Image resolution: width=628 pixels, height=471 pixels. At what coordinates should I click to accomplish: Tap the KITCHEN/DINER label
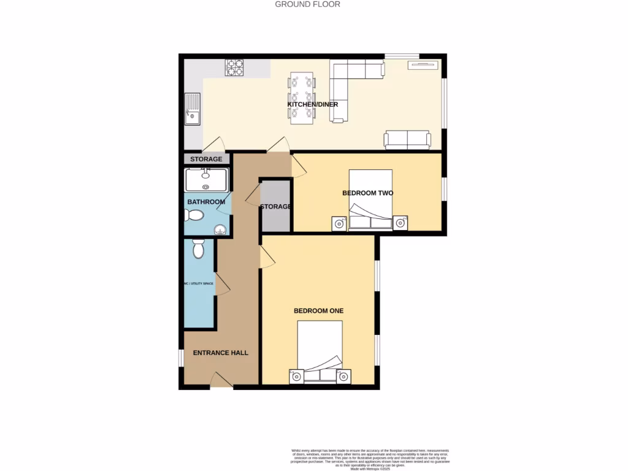pos(313,104)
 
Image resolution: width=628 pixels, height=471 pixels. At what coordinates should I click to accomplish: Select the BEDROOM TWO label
pos(367,193)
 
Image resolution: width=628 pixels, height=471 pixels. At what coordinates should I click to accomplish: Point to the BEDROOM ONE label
pos(318,311)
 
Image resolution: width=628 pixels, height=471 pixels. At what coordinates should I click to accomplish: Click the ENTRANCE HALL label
pos(221,353)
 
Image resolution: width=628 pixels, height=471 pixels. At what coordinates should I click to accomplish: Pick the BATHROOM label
pos(206,202)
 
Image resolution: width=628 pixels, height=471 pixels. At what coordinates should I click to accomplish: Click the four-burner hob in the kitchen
pos(234,67)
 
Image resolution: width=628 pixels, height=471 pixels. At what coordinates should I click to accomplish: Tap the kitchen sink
pos(192,108)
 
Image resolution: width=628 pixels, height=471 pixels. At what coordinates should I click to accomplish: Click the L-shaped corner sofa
pos(350,80)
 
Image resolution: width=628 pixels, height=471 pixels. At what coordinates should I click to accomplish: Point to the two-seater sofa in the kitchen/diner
pos(407,140)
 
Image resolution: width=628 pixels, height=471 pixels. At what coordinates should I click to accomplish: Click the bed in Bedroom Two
pos(370,200)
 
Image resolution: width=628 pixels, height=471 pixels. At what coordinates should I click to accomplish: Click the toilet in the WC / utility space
pos(198,248)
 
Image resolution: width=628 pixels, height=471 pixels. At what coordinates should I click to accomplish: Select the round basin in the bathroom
pos(220,230)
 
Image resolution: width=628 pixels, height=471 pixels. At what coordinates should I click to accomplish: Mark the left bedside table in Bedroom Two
pos(340,223)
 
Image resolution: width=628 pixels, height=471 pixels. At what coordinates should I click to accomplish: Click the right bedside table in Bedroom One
pos(344,376)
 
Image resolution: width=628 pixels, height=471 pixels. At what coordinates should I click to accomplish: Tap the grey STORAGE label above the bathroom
pos(206,159)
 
